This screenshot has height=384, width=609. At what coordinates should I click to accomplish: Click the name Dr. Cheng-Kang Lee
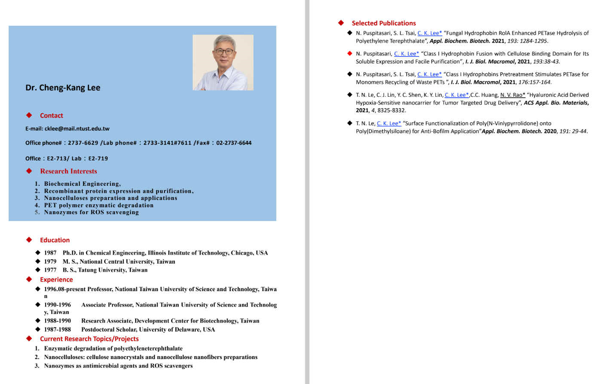click(x=63, y=88)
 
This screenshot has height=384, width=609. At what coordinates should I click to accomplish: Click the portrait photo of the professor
click(x=223, y=62)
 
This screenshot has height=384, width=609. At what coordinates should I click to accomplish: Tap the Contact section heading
click(x=51, y=115)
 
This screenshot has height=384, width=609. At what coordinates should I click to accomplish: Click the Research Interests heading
click(x=68, y=171)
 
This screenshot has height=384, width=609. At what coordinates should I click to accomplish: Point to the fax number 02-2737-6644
click(x=234, y=143)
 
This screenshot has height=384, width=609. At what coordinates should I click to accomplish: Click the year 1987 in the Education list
click(x=50, y=253)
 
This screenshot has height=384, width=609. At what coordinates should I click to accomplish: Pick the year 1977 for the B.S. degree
click(x=50, y=270)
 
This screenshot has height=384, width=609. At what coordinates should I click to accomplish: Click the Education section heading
click(x=55, y=240)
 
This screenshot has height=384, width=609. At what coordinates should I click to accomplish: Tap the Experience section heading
click(x=56, y=280)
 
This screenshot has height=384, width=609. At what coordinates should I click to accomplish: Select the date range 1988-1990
click(x=57, y=321)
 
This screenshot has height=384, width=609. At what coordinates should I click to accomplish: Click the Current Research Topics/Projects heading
click(x=89, y=339)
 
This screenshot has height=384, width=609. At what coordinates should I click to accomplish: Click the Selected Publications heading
click(x=383, y=23)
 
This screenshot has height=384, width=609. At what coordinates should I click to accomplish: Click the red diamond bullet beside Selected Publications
click(x=341, y=23)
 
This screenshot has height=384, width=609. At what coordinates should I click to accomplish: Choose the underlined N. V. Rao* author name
click(x=513, y=95)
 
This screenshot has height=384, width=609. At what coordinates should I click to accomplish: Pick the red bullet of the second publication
click(x=349, y=54)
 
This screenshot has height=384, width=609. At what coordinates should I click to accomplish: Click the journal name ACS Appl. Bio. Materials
click(x=556, y=103)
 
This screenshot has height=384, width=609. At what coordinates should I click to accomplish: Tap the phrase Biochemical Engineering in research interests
click(x=82, y=184)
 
